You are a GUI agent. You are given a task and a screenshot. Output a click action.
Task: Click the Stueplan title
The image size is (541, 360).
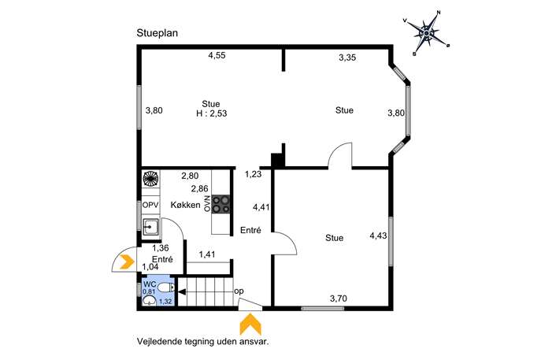(x=157, y=33)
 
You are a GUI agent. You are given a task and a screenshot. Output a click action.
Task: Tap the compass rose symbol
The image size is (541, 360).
(x=427, y=33)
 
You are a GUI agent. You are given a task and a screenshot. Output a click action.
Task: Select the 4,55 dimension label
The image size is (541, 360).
(x=217, y=55)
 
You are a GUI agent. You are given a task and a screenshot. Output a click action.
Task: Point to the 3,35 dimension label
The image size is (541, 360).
(x=347, y=58)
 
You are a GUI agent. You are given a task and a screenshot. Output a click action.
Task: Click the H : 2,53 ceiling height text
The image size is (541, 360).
(x=212, y=113)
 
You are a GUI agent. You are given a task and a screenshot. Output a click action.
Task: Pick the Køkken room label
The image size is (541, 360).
(x=185, y=205)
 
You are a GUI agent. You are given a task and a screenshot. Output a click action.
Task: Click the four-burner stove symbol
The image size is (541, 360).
(x=220, y=204)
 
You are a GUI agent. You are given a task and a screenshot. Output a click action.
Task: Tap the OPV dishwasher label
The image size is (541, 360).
(x=150, y=205)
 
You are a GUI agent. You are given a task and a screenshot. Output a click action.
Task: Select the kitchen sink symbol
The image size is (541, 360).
(x=150, y=227)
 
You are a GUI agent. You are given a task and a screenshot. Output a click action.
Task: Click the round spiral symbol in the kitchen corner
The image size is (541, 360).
(x=150, y=179)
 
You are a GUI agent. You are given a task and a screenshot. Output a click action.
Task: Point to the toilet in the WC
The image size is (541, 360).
(x=167, y=287)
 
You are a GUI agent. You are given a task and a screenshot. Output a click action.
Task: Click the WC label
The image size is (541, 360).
(x=150, y=284)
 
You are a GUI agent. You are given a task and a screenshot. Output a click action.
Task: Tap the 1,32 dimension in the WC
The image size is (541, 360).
(x=165, y=302)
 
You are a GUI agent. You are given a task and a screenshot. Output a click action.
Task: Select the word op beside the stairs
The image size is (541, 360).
(x=239, y=291)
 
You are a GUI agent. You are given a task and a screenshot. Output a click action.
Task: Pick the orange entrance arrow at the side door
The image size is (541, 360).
(x=127, y=262)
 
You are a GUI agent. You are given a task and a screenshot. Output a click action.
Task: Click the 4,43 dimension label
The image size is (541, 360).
(x=378, y=236)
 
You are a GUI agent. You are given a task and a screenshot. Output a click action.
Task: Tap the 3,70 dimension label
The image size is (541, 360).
(x=339, y=299)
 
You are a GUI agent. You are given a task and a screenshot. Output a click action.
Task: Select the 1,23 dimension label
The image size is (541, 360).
(x=254, y=175)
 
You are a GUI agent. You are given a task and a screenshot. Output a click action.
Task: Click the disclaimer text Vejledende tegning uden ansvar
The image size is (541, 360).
(x=203, y=342)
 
